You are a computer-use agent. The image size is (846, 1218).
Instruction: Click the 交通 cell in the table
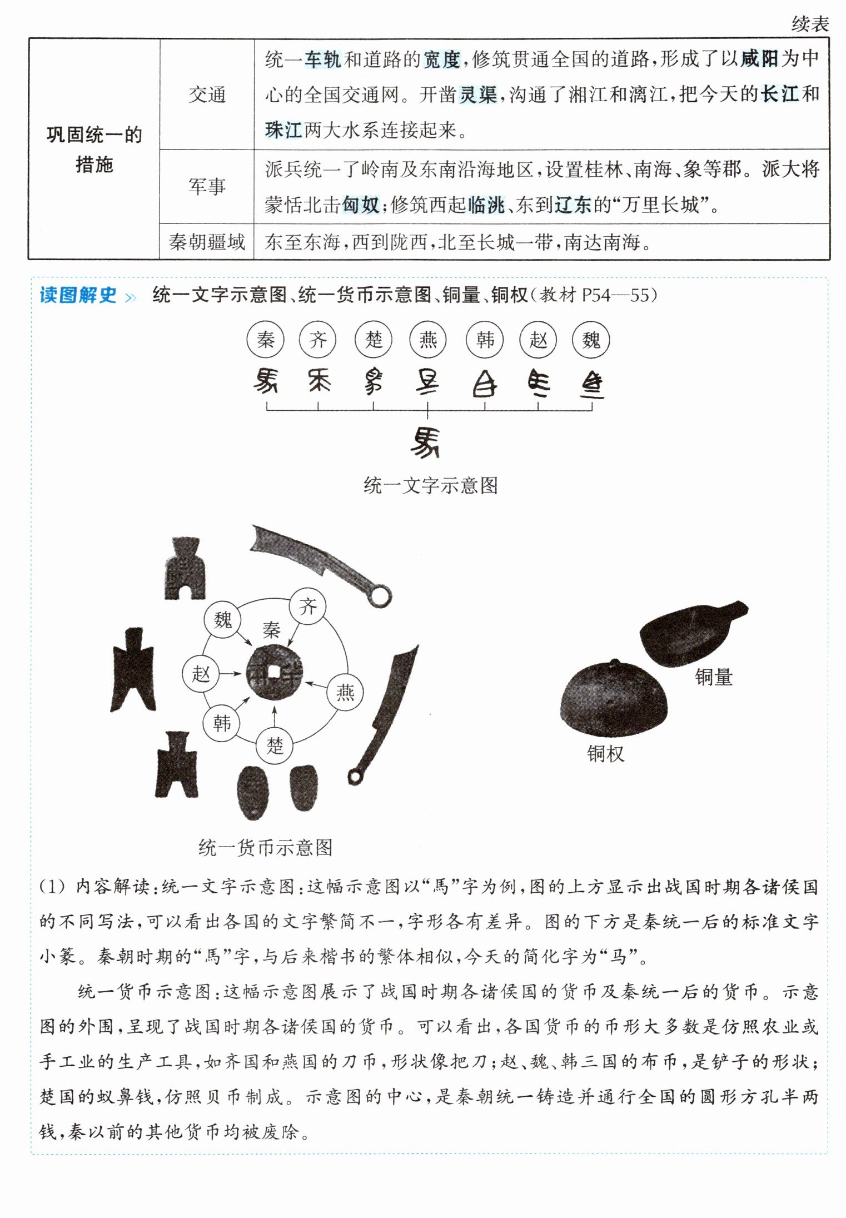click(207, 95)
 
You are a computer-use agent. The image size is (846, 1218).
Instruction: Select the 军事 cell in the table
click(207, 186)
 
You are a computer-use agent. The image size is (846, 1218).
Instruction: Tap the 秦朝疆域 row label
click(207, 242)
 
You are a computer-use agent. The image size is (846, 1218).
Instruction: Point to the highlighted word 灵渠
click(478, 95)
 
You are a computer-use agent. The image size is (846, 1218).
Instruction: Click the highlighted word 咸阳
click(759, 58)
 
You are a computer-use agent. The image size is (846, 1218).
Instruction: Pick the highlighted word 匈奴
click(361, 205)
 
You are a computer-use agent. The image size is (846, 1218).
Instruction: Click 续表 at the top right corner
click(810, 23)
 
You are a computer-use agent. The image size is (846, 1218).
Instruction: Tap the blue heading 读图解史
click(78, 295)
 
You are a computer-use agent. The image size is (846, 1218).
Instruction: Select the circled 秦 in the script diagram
click(266, 340)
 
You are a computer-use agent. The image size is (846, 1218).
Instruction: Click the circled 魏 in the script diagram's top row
click(591, 340)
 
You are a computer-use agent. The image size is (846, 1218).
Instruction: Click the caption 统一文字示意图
click(431, 485)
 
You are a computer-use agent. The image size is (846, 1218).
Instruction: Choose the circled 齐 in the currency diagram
click(307, 606)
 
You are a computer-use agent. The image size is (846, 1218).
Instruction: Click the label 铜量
click(714, 677)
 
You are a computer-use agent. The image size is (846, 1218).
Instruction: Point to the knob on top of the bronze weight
click(615, 663)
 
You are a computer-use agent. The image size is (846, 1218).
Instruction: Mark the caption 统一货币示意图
click(266, 848)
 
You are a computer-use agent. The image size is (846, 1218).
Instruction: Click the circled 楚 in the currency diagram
click(275, 745)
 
